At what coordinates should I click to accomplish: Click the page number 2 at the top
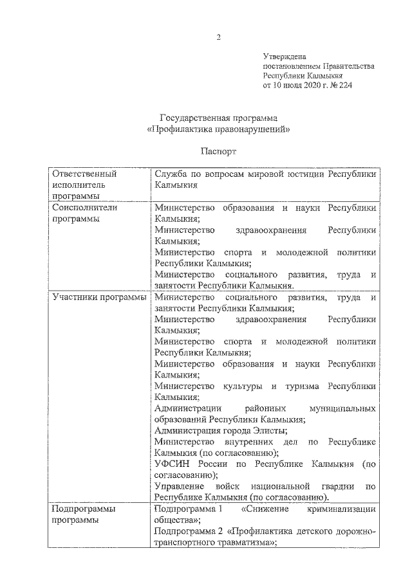coord(219,37)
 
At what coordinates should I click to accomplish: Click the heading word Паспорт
coord(219,153)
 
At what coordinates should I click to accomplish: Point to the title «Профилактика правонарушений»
coord(219,129)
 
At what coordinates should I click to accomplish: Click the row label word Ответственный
coord(84,174)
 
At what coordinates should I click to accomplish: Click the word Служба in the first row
coord(171,174)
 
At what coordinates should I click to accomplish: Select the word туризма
coord(299,386)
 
